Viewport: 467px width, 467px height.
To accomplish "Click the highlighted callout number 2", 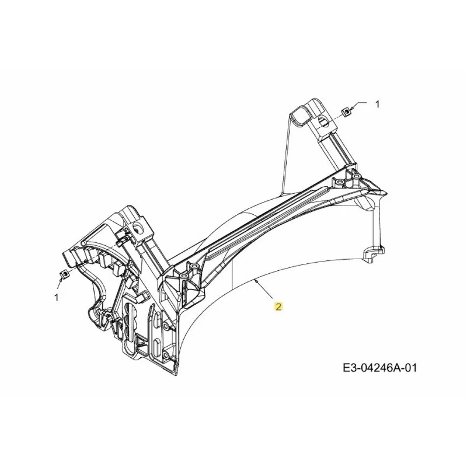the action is (278, 306).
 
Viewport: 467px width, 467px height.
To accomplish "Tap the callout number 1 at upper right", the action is (377, 104).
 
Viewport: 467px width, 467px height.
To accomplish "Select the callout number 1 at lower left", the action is (57, 297).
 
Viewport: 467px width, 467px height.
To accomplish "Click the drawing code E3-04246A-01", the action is (380, 368).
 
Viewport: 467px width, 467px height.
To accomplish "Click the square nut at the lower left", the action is (64, 274).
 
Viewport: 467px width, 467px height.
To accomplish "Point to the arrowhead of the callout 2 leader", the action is (257, 281).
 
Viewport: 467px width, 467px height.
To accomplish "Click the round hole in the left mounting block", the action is (138, 228).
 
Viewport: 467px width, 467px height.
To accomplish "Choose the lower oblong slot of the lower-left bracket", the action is (156, 346).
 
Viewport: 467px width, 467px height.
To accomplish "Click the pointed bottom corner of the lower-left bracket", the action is (177, 373).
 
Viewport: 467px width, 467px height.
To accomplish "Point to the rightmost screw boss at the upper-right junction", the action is (356, 177).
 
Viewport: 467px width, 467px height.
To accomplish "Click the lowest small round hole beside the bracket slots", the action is (165, 355).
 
